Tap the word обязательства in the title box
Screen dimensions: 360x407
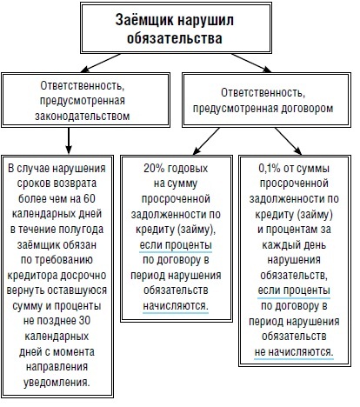[x=175, y=38]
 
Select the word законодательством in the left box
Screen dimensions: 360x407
[x=83, y=116]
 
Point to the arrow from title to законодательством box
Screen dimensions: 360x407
[x=101, y=63]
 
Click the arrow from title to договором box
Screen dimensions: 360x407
[x=251, y=63]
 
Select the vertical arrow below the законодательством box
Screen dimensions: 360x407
[x=69, y=141]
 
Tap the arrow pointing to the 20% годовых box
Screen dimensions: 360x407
[x=206, y=141]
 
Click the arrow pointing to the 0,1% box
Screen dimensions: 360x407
[x=289, y=141]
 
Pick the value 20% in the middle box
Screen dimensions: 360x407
[x=152, y=169]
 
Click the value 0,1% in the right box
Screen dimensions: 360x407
[x=270, y=169]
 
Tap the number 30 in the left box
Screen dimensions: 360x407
[x=84, y=321]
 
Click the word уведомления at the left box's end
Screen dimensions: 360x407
[x=57, y=382]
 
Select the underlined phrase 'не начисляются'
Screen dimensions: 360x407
[x=294, y=352]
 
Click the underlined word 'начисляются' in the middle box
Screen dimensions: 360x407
[x=176, y=305]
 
